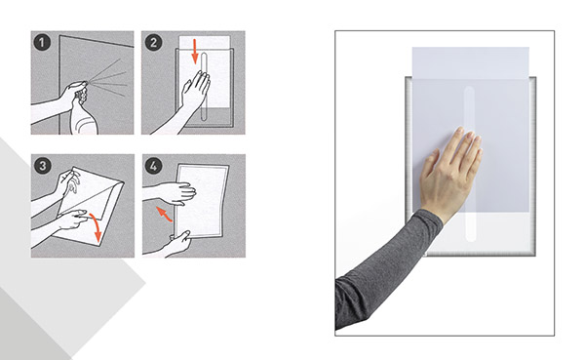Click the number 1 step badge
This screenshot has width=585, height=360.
(x=41, y=43)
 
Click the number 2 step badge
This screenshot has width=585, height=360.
(x=153, y=43)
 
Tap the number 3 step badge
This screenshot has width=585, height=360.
(x=42, y=166)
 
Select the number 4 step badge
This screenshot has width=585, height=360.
(x=153, y=166)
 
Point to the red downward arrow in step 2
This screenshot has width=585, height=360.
(x=194, y=51)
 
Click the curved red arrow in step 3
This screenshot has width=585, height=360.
(x=96, y=227)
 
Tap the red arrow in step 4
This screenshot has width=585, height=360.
(x=164, y=214)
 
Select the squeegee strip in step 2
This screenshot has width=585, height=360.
(x=204, y=87)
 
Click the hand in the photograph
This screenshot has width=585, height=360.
(x=450, y=174)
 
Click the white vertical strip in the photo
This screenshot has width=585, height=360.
(x=470, y=164)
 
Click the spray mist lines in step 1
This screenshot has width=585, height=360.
(x=108, y=75)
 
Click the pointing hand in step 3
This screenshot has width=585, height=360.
(x=72, y=220)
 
